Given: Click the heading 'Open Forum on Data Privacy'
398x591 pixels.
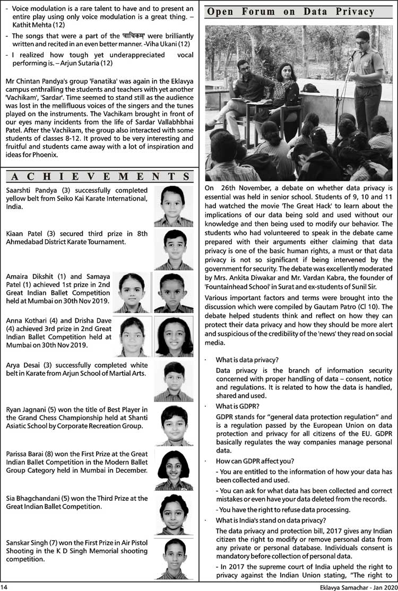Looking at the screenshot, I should click(298, 12).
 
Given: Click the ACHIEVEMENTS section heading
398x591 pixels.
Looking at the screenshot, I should click(99, 176).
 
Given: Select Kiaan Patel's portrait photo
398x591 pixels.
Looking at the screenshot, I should click(173, 250).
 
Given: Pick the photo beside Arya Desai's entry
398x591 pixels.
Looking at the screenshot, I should click(173, 381).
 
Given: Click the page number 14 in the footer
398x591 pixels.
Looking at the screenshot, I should click(5, 586).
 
